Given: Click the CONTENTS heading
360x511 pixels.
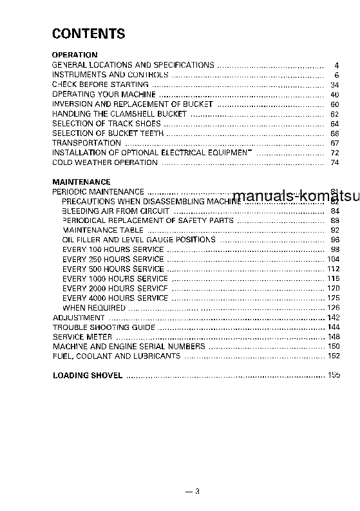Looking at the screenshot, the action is pyautogui.click(x=88, y=34).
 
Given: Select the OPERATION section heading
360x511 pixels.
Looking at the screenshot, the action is pyautogui.click(x=75, y=55).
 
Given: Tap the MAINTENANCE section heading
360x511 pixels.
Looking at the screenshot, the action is pyautogui.click(x=81, y=182).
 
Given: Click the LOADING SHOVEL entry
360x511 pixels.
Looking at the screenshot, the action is pyautogui.click(x=88, y=376).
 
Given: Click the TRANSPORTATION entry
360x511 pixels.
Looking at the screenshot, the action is pyautogui.click(x=86, y=143).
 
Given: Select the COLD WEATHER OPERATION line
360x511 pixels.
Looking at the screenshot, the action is pyautogui.click(x=105, y=162).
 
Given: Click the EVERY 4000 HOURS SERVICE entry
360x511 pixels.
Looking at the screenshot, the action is pyautogui.click(x=115, y=298).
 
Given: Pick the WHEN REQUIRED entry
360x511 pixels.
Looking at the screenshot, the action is pyautogui.click(x=94, y=308).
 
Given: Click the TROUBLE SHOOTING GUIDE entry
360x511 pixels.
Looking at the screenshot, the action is pyautogui.click(x=104, y=327).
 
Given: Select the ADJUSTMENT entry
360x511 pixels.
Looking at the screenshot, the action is pyautogui.click(x=79, y=318).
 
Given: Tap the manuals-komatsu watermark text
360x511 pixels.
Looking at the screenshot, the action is pyautogui.click(x=296, y=197).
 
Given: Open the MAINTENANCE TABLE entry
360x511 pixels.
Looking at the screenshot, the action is pyautogui.click(x=103, y=230).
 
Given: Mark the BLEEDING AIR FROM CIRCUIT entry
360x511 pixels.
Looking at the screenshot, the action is pyautogui.click(x=116, y=211).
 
